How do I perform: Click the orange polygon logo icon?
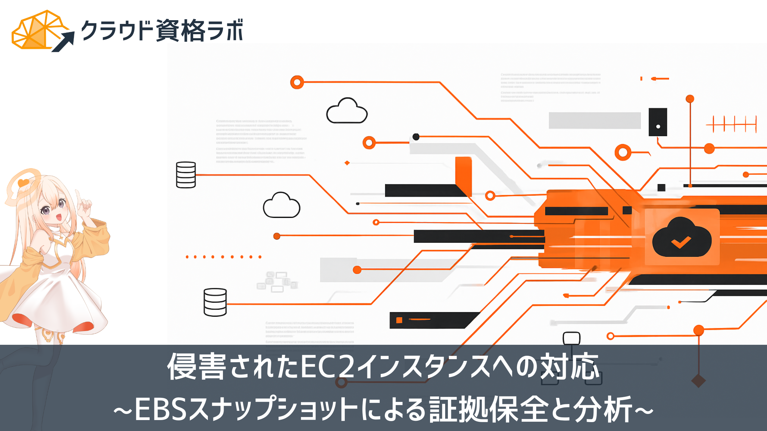(x=36, y=31)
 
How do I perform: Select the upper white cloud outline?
(x=347, y=112)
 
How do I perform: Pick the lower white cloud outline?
(x=281, y=206)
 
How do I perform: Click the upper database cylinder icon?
(x=186, y=175)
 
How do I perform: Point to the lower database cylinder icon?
(x=215, y=302)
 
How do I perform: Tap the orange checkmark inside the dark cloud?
(x=681, y=242)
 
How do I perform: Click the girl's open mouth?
(x=59, y=217)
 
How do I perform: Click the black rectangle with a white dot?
(x=658, y=122)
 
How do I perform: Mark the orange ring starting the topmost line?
(x=297, y=82)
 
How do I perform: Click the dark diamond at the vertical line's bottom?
(x=699, y=381)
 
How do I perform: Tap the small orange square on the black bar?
(x=399, y=320)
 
